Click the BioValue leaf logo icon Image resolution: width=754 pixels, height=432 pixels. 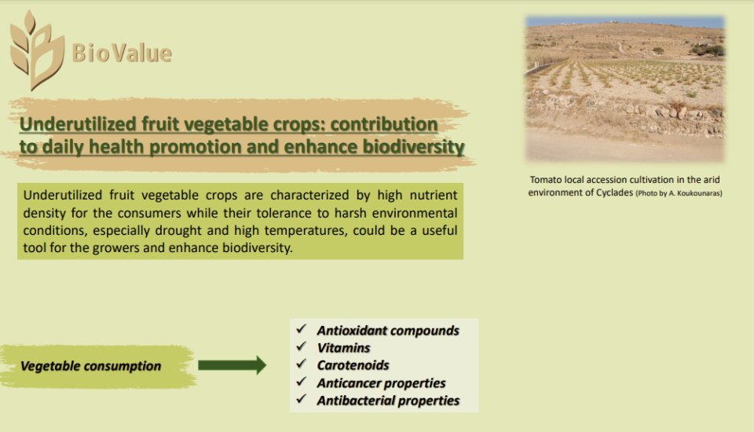pos(37,50)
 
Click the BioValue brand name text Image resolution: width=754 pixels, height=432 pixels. pos(122,53)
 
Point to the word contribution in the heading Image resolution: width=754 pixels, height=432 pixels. pos(384,124)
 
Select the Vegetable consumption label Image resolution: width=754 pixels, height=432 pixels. pos(90,366)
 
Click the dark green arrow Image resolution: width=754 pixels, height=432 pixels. pos(232,365)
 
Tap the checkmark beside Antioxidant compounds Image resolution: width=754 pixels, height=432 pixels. pos(302,329)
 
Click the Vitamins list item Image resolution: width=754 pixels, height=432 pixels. pos(343,348)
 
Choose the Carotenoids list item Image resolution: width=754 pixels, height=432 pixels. pos(353,365)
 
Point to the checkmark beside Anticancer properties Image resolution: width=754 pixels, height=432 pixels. pos(302,382)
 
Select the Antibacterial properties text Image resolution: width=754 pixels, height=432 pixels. pos(388,401)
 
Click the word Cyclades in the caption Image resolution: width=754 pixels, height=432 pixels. pos(614,192)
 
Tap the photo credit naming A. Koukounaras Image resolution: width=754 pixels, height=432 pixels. pos(679,193)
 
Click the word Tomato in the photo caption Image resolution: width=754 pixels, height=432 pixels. pos(546,179)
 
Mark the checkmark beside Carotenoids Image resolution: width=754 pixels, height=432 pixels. pos(302,364)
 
